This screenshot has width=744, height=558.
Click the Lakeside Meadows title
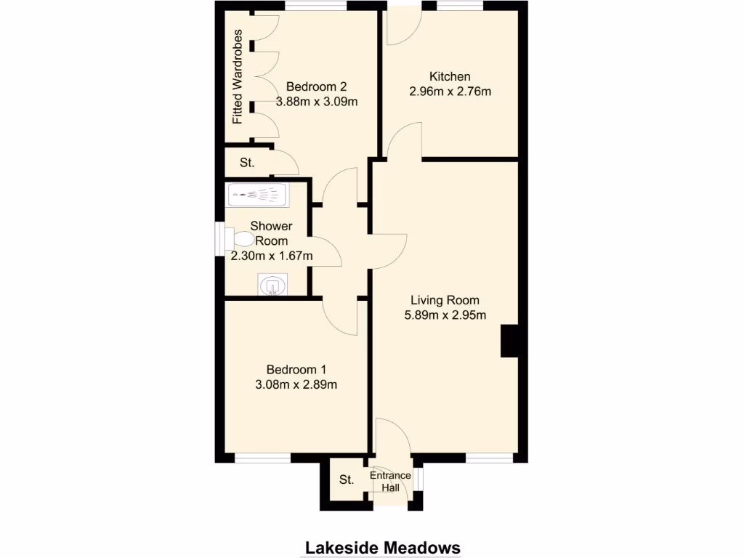tap(382, 547)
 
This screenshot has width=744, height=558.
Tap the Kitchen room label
tap(450, 76)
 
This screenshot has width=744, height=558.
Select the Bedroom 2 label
tap(315, 86)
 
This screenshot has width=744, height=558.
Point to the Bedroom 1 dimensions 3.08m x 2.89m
tap(296, 385)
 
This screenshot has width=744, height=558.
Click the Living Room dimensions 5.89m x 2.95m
tap(445, 315)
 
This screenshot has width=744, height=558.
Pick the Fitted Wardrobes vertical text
tap(238, 77)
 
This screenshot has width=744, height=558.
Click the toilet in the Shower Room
tap(241, 238)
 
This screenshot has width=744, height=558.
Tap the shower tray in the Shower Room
tap(257, 195)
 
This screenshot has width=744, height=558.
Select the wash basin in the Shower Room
tap(272, 286)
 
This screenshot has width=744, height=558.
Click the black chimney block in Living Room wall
tap(509, 341)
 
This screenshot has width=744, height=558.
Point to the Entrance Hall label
tap(390, 482)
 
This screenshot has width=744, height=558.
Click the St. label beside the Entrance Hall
tap(347, 480)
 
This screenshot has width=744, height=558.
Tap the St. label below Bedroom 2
tap(247, 163)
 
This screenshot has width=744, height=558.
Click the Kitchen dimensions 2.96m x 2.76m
tap(450, 92)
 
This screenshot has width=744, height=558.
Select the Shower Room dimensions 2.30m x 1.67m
tap(272, 256)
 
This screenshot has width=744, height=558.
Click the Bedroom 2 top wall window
tap(315, 6)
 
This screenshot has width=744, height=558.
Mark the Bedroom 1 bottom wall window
tap(262, 458)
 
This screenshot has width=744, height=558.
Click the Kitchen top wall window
tap(460, 6)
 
